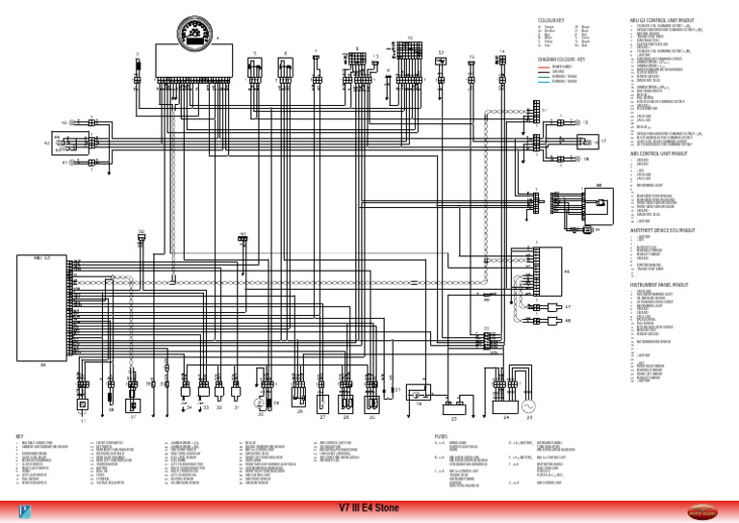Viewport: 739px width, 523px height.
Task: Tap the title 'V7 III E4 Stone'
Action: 369,509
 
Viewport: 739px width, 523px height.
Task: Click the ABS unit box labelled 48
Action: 583,202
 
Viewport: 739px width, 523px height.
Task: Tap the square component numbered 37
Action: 134,401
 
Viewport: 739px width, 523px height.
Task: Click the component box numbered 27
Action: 322,399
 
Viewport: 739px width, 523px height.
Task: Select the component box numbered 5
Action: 256,67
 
